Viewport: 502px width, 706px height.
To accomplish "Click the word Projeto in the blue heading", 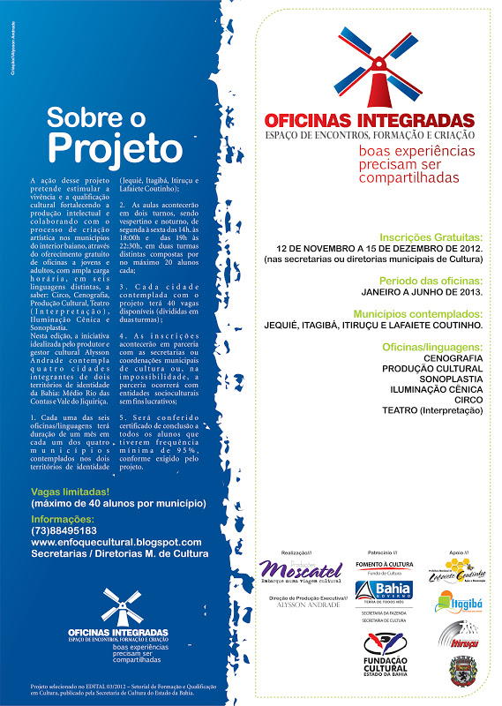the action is [114, 145].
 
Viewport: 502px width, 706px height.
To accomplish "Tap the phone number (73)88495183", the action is [70, 530].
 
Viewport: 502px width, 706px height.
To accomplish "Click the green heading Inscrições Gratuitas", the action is [431, 237].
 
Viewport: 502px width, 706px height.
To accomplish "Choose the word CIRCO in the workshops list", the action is [468, 410].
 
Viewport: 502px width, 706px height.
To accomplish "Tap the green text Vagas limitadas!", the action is [70, 492].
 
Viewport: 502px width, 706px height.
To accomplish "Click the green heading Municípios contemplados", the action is [418, 313].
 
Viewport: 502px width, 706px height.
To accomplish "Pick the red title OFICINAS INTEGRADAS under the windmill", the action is [370, 120].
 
